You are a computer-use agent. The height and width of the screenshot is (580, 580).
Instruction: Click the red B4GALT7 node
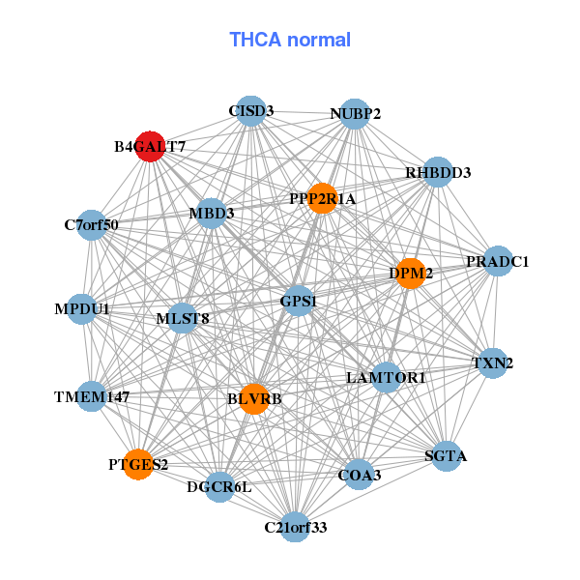coord(150,147)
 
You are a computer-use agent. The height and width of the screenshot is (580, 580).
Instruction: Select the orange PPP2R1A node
coord(322,198)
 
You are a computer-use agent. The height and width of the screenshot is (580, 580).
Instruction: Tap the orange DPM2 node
coord(412,274)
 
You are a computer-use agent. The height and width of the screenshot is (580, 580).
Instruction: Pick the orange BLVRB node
coord(254,398)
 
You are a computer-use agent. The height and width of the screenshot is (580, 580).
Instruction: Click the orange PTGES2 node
coord(138,464)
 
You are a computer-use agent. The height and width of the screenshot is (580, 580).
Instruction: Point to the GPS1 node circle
coord(299,302)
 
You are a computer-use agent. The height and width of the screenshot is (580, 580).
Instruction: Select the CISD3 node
coord(251,111)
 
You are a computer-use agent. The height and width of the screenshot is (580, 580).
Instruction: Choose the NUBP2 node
coord(355,114)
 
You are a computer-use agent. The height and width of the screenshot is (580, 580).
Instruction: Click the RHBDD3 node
coord(438,173)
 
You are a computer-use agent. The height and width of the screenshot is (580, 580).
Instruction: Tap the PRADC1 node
coord(497,261)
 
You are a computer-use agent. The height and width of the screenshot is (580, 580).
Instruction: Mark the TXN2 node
coord(492,363)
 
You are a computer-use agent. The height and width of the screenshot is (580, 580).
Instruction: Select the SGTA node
coord(445,455)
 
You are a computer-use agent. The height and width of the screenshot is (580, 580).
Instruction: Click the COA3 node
coord(359,475)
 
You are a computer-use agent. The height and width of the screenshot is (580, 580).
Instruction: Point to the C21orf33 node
coord(296,527)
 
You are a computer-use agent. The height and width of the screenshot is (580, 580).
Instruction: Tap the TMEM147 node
coord(92,396)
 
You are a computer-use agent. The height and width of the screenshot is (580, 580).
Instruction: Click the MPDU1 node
coord(82,309)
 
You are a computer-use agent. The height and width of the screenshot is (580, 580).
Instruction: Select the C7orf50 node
coord(92,225)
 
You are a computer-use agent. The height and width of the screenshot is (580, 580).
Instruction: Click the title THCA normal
coord(290,40)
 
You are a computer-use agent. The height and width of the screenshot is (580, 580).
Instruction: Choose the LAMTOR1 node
coord(386,377)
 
